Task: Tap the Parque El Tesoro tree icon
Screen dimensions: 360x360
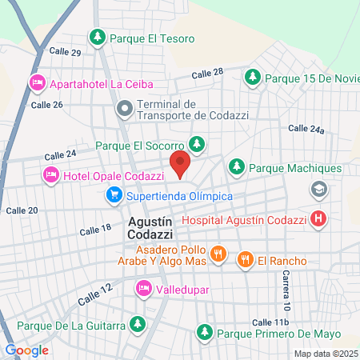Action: [97, 37]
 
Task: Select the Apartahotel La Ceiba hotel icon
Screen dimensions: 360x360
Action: [37, 82]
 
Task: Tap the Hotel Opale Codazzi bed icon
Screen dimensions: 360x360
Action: [51, 174]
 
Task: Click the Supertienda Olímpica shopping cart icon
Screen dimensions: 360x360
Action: [114, 194]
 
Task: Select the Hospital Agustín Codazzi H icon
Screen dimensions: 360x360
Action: [318, 218]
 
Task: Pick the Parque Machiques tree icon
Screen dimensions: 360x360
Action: [236, 168]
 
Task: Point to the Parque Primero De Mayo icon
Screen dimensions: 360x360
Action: [205, 332]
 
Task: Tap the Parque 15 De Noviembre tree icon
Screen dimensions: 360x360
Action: [252, 78]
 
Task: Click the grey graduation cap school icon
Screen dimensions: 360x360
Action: [318, 190]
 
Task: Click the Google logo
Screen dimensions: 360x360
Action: [26, 350]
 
